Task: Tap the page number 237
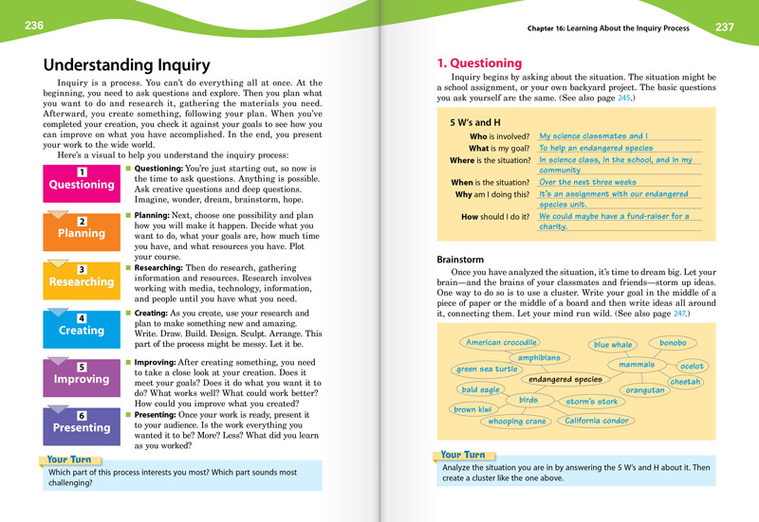tap(725, 27)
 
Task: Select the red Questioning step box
tap(82, 180)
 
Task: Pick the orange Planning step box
tap(82, 229)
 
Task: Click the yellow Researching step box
tap(82, 278)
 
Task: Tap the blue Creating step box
tap(82, 327)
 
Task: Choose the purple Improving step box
tap(82, 376)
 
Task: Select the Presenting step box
tap(82, 424)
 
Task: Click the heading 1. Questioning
tap(479, 63)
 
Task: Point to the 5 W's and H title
tap(475, 123)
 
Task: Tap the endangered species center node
tap(565, 379)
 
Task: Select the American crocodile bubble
tap(502, 342)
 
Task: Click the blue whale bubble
tap(613, 345)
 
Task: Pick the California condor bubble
tap(597, 421)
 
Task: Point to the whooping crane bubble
tap(517, 422)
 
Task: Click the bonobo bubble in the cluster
tap(673, 342)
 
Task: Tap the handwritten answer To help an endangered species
tap(596, 149)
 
